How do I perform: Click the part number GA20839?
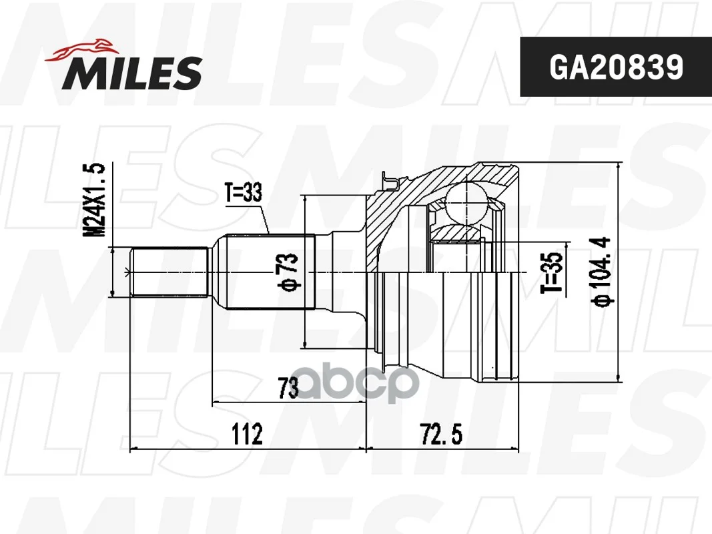pos(616,67)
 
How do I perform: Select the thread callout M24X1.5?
pos(95,200)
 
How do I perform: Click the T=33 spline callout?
pos(244,192)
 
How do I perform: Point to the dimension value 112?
pos(248,434)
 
